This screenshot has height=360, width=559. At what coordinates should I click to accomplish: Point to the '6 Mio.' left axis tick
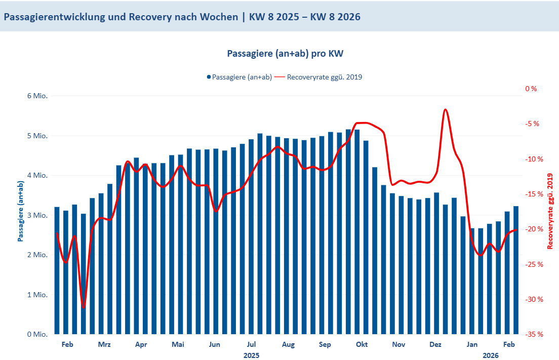point(37,96)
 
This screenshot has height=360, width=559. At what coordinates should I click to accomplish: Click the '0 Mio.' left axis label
point(37,334)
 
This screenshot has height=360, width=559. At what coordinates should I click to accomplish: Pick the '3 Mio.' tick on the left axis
point(37,215)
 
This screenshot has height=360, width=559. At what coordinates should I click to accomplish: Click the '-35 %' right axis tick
point(534,334)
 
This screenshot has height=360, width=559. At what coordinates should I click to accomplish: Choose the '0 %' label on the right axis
point(531,89)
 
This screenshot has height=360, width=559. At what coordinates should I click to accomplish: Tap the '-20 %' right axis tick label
point(534,229)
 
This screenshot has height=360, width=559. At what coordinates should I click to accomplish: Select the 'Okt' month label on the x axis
point(362,344)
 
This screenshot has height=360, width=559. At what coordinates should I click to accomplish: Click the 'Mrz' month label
point(104,344)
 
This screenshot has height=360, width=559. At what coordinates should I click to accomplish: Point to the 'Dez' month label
point(435,344)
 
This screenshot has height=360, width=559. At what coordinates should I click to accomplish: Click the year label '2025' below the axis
point(251,355)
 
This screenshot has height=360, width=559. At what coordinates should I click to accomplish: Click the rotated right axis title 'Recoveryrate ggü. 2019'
point(550,211)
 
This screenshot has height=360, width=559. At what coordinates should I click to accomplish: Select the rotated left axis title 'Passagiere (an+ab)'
point(21,211)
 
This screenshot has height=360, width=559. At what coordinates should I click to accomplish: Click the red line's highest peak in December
point(445,109)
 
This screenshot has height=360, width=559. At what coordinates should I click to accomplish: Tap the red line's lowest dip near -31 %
point(84,307)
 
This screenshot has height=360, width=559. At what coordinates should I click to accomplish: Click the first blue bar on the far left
point(57,270)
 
